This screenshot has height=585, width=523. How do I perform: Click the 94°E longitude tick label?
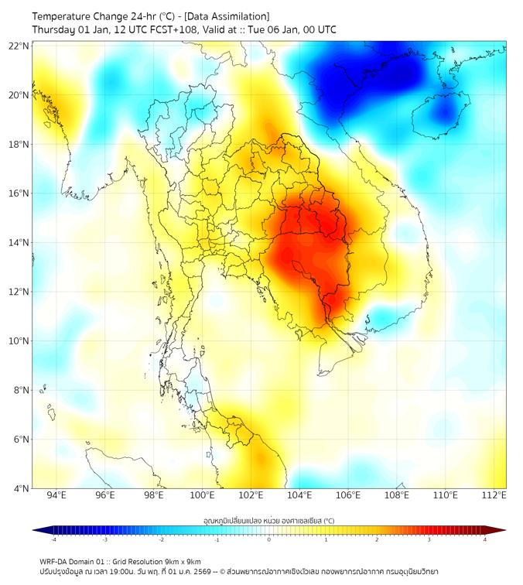[x=56, y=496]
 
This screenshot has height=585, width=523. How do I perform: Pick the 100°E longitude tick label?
[x=202, y=496]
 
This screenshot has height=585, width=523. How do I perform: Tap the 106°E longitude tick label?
[x=348, y=496]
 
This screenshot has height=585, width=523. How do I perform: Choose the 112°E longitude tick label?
[x=494, y=496]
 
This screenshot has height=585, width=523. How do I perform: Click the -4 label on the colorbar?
[x=53, y=539]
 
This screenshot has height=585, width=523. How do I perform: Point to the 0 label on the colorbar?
[x=269, y=539]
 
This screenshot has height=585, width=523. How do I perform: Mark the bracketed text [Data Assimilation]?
[x=225, y=15]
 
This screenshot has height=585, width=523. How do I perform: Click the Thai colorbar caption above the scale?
[x=268, y=520]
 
